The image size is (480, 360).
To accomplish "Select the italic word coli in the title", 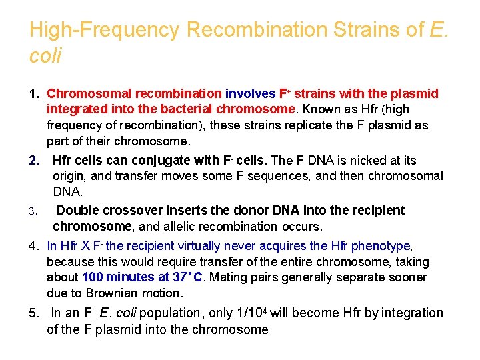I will [x=45, y=56].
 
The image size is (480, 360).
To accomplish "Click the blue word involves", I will [x=250, y=93].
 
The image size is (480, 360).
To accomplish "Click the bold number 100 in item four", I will [x=93, y=277].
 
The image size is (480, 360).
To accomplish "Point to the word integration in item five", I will [x=407, y=313].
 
